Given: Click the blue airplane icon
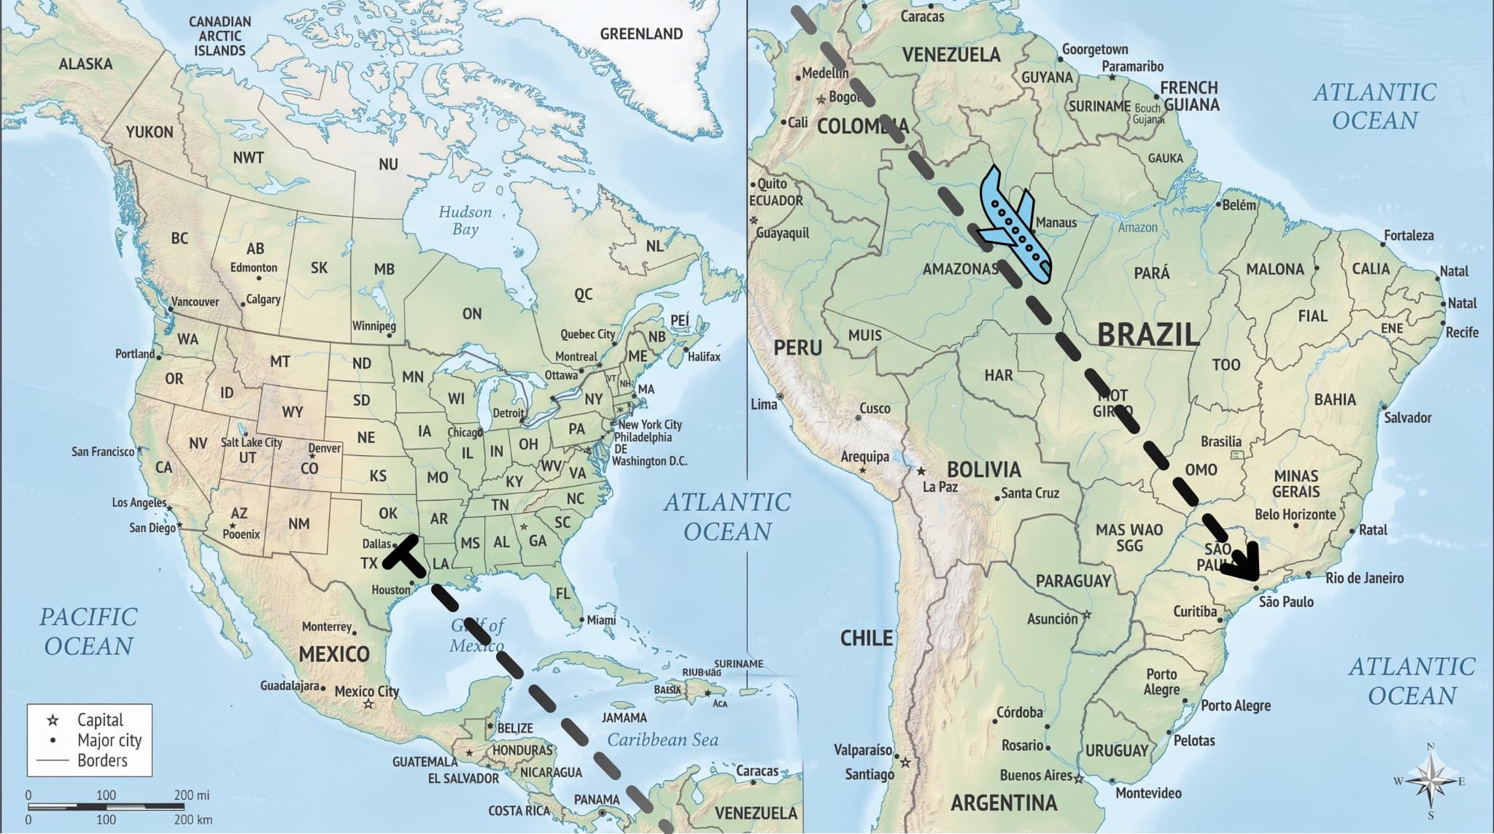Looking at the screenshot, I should point(1014,226).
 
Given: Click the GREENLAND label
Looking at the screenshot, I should point(640,34).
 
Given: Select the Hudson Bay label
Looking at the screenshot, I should point(465,220).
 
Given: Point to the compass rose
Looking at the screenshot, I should point(1431,781).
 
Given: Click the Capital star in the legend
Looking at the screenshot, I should point(53,720).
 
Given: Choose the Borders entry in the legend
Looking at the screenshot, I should point(101,760).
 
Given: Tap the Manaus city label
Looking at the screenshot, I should point(1056,222).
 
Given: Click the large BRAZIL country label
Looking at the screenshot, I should point(1147,334).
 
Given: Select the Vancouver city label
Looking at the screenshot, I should point(195,301).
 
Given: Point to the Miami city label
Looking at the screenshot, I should point(601,619).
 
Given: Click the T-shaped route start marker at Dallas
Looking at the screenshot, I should point(406,555).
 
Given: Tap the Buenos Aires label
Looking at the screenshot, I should point(1035,775).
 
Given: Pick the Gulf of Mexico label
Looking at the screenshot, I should point(477,635).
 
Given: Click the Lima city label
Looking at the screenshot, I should point(763,404).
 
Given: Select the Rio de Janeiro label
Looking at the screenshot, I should point(1364,578).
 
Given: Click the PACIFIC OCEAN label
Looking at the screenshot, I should point(88,631).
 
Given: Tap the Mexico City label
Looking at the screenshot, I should point(366,690).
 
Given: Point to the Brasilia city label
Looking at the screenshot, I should point(1220,441).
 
